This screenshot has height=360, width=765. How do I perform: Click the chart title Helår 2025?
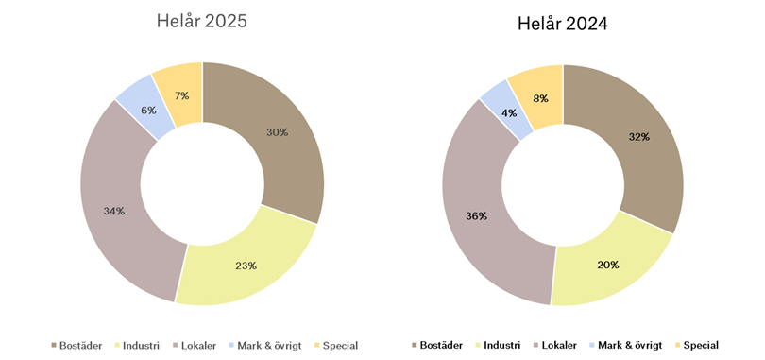pos(201,21)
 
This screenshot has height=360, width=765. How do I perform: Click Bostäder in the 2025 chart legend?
pos(82,345)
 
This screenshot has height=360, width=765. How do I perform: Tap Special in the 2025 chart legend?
pos(340,345)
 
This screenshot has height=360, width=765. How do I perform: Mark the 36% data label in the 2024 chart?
pos(476,216)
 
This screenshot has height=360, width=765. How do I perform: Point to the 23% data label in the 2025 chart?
pos(246,266)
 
